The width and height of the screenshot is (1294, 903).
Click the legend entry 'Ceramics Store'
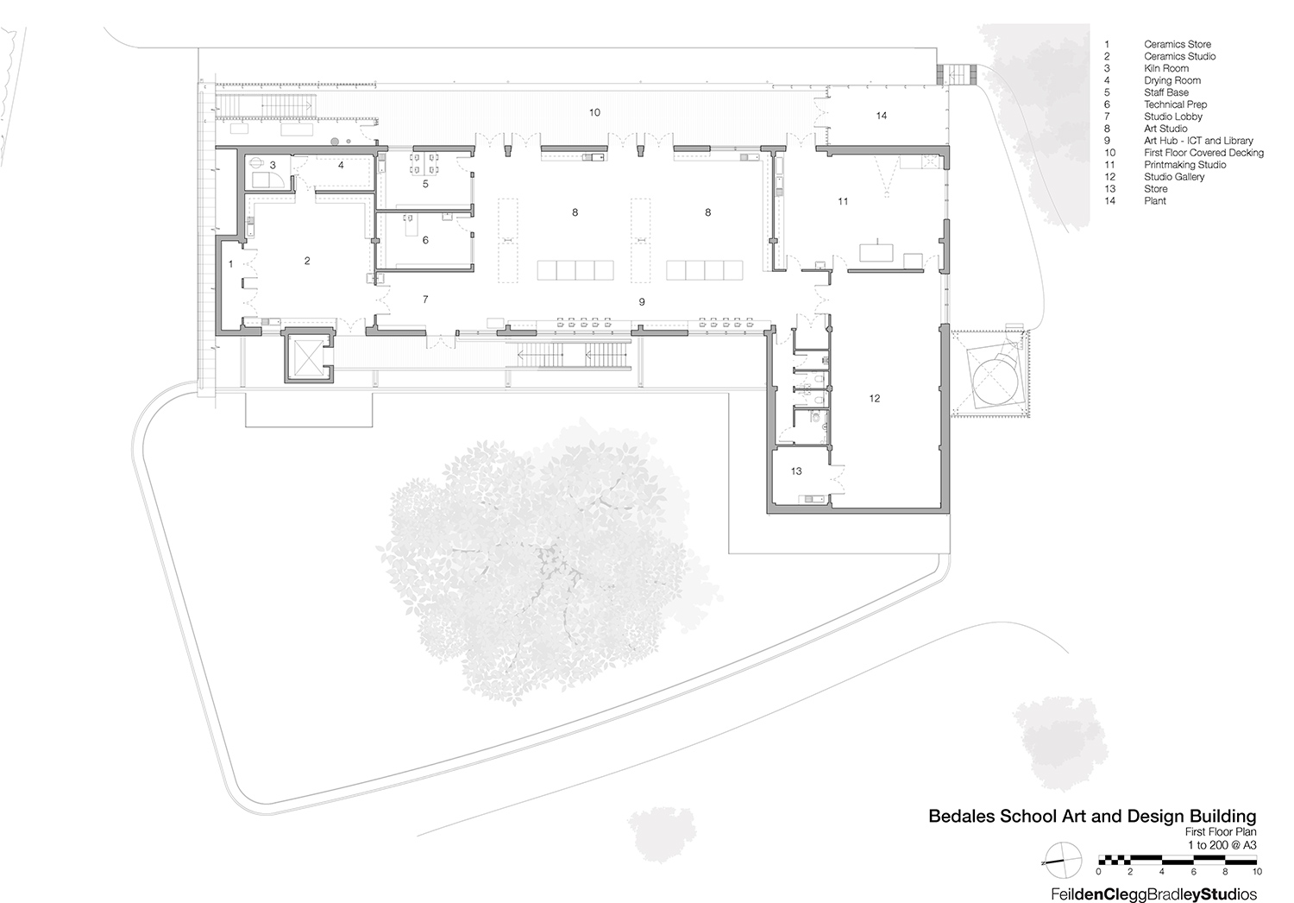(x=1177, y=44)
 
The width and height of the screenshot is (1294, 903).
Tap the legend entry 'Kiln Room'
(x=1165, y=68)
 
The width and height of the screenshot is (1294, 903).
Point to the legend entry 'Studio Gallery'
(x=1174, y=177)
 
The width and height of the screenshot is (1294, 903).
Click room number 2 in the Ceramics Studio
(x=307, y=261)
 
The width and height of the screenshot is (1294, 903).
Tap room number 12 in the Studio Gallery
(x=875, y=399)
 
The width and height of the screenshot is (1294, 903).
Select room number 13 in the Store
(x=796, y=471)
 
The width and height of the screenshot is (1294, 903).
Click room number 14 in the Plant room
(x=881, y=116)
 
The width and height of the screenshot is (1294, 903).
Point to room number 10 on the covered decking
(x=594, y=113)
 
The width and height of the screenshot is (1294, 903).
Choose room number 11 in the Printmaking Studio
(x=843, y=201)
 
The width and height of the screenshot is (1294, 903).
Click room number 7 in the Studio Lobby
(x=425, y=300)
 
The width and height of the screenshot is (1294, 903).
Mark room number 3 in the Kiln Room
(x=273, y=165)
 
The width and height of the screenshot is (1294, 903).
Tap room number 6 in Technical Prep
(x=425, y=241)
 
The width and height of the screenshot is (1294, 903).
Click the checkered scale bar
(x=1177, y=860)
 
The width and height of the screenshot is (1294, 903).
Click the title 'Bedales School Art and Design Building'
(x=1091, y=816)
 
